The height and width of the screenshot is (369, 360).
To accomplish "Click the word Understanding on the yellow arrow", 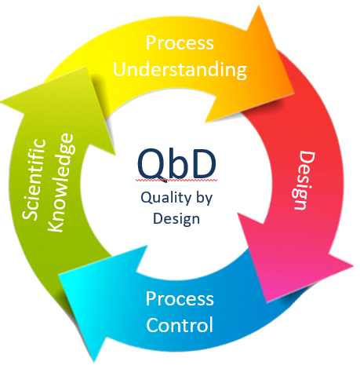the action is click(x=180, y=70).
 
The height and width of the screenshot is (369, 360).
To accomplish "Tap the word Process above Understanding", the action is click(x=180, y=42).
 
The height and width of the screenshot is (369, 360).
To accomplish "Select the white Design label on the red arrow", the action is click(x=304, y=180).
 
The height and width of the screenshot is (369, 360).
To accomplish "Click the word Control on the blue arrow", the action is click(x=180, y=325).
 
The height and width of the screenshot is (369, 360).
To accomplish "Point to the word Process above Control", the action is click(x=180, y=298).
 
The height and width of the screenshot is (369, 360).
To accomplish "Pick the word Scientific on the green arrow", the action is click(x=34, y=179).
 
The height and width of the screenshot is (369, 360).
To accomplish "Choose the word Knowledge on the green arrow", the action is click(x=61, y=183).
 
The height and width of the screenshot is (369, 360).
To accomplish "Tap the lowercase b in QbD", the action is click(x=180, y=163).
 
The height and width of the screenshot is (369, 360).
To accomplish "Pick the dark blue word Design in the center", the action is click(x=176, y=219).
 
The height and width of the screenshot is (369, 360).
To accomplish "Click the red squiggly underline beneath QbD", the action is click(x=176, y=180).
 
